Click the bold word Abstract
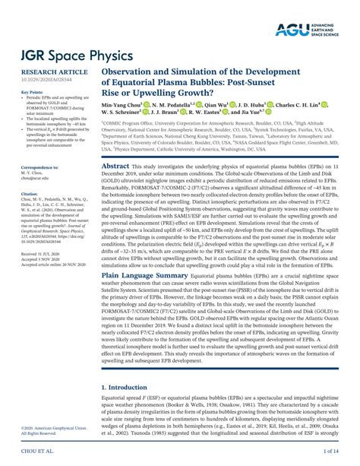(115, 165)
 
